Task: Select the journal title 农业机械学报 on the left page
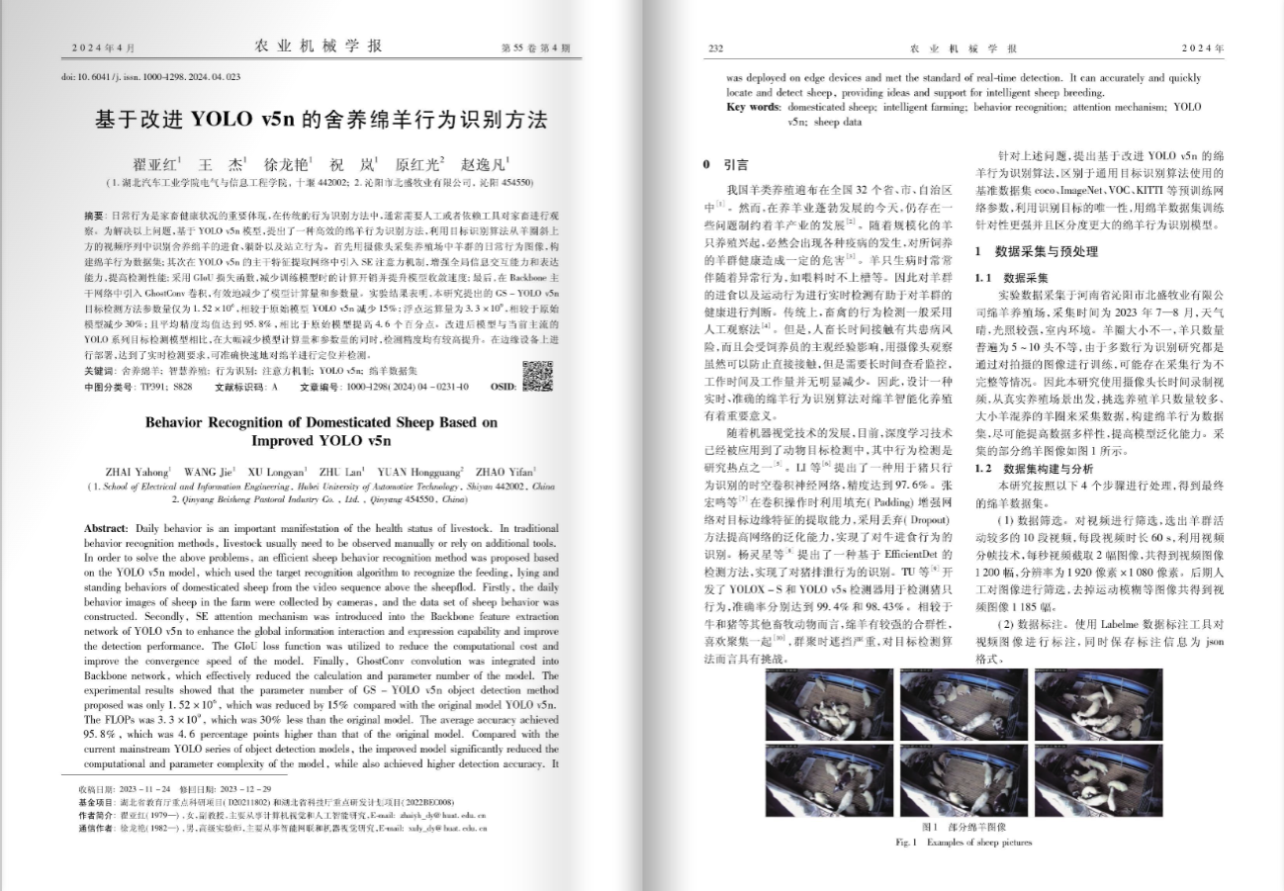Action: point(318,45)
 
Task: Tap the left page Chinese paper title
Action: point(321,120)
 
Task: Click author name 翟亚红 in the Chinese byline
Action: point(155,164)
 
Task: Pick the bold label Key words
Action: point(753,107)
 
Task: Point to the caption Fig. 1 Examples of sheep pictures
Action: point(963,843)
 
